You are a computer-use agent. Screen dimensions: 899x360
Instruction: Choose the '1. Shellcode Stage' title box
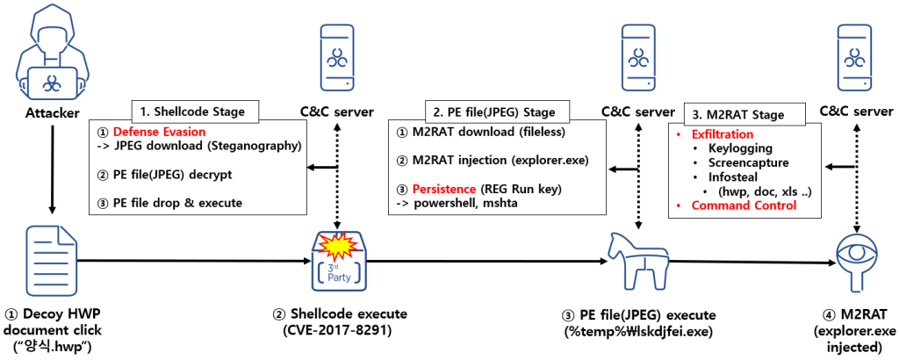coord(195,112)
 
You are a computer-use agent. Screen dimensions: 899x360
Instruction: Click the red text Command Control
coord(744,205)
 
